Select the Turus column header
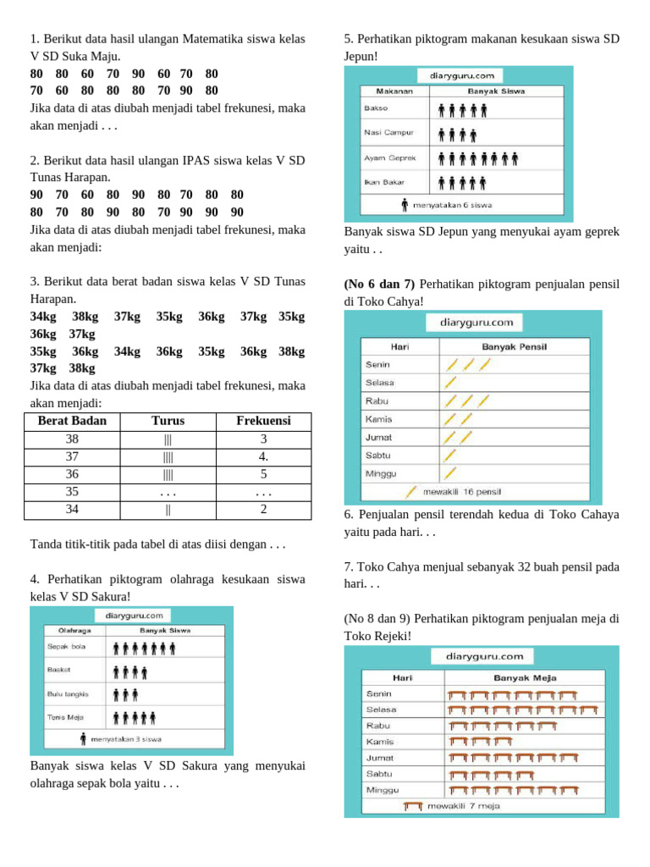point(168,421)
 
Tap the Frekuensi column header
point(263,421)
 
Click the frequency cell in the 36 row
point(263,474)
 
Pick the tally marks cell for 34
point(168,510)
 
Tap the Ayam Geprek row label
point(387,157)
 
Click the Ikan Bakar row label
point(382,181)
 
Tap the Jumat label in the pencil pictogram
point(377,438)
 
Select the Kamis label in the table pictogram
point(379,742)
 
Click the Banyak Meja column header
point(524,677)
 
